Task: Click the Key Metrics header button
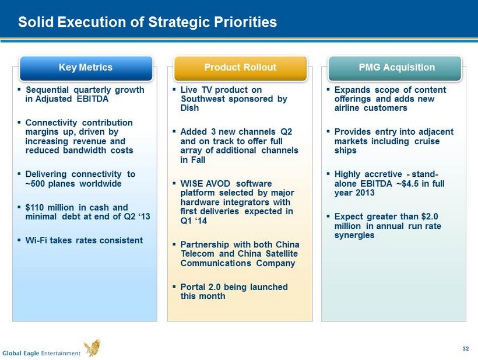click(x=86, y=68)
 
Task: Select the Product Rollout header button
click(x=240, y=68)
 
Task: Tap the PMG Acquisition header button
click(x=395, y=68)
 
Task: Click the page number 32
click(x=466, y=348)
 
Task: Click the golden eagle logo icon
click(x=93, y=348)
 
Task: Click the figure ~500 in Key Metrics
click(x=36, y=184)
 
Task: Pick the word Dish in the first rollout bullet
click(x=189, y=108)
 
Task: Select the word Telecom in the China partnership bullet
click(x=198, y=254)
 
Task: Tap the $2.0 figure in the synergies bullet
click(x=430, y=216)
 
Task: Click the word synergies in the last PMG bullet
click(x=354, y=235)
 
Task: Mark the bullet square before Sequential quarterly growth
click(x=19, y=90)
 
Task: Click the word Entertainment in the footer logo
click(x=61, y=353)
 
